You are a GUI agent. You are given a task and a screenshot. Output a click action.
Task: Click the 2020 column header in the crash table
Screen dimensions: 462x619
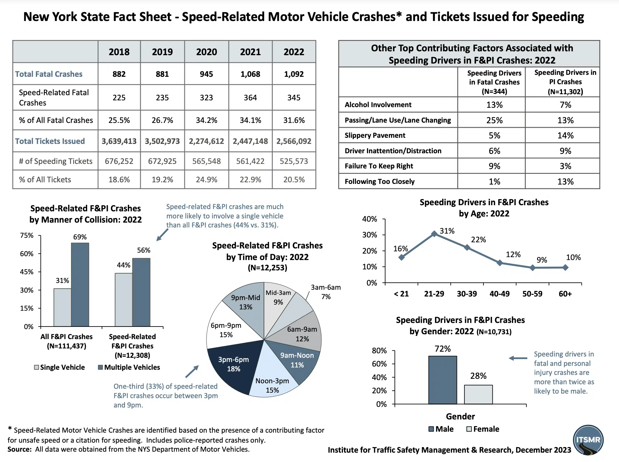[x=207, y=52]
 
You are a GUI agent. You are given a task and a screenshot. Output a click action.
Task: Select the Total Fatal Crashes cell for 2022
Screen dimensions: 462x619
[x=294, y=74]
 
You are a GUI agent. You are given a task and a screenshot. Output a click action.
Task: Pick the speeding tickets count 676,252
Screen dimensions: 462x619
[x=119, y=161]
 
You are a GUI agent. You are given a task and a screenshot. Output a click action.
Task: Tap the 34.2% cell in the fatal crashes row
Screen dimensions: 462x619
[x=207, y=120]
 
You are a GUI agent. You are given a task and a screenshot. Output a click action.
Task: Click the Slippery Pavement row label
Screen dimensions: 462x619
[x=375, y=136]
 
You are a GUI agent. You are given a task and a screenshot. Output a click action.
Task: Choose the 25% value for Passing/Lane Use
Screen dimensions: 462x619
[x=494, y=120]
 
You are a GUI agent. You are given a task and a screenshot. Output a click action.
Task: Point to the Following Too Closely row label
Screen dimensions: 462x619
[x=379, y=182]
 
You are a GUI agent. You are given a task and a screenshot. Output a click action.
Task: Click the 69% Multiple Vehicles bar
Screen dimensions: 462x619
[x=80, y=284]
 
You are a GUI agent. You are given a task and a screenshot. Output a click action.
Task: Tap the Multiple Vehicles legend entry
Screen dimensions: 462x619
[x=129, y=367]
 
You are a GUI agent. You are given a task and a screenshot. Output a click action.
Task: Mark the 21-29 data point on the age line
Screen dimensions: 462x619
[x=434, y=234]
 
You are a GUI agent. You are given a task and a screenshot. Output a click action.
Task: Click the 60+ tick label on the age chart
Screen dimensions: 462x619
[x=565, y=294]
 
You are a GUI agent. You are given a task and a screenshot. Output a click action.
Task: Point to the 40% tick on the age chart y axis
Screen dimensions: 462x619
[x=370, y=219]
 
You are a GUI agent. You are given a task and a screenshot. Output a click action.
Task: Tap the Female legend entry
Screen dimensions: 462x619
[x=483, y=429]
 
